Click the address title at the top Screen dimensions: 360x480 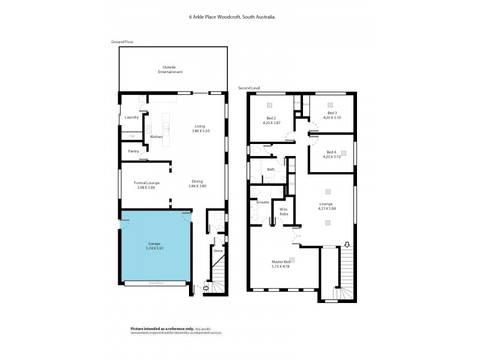point(232,17)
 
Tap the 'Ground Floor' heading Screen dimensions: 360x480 point(122,42)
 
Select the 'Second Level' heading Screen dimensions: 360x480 point(249,88)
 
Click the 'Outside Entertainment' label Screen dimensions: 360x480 point(170,69)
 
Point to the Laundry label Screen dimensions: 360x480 point(131,117)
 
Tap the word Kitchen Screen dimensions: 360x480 point(157,137)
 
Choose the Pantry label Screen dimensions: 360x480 point(133,151)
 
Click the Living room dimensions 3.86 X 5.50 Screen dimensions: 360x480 point(199,130)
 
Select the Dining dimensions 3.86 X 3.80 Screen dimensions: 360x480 point(197,186)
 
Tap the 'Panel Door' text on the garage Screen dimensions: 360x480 point(154,283)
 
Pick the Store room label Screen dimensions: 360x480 point(218,251)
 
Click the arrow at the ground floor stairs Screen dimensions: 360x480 point(207,289)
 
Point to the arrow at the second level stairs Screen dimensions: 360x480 point(346,244)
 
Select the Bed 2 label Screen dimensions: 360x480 point(271,118)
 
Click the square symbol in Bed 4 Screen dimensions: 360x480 point(343,152)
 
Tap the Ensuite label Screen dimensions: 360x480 point(263,202)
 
